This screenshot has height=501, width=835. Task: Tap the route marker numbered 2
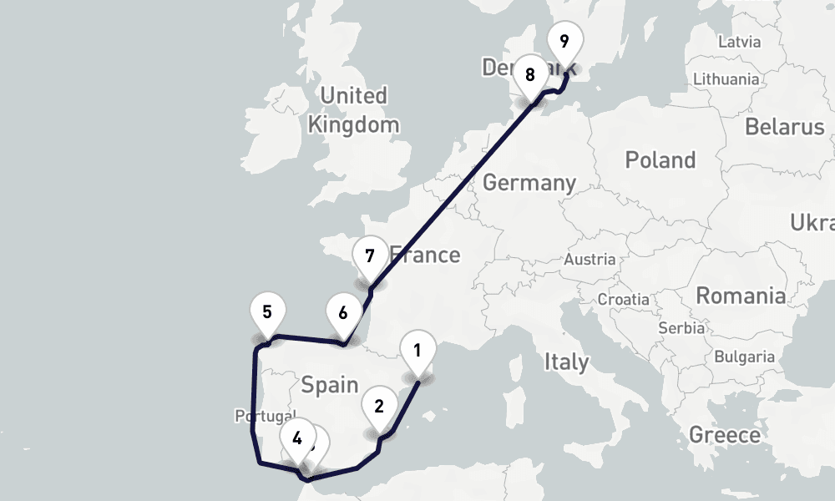[379, 407]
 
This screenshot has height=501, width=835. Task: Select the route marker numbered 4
[298, 436]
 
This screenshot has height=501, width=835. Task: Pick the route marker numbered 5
[267, 313]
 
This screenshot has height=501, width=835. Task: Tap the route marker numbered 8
[529, 74]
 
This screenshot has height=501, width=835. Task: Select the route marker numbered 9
[564, 41]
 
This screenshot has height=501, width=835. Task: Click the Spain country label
[329, 385]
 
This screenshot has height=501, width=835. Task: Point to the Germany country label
[529, 183]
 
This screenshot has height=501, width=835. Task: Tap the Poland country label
[660, 159]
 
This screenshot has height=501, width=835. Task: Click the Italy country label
[566, 362]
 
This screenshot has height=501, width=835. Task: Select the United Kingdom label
[353, 110]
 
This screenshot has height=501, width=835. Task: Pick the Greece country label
[724, 435]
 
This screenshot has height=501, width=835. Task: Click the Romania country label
[741, 296]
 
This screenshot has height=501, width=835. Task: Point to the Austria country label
[590, 260]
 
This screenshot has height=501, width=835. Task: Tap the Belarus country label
[784, 128]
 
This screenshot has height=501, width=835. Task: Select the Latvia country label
[739, 42]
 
